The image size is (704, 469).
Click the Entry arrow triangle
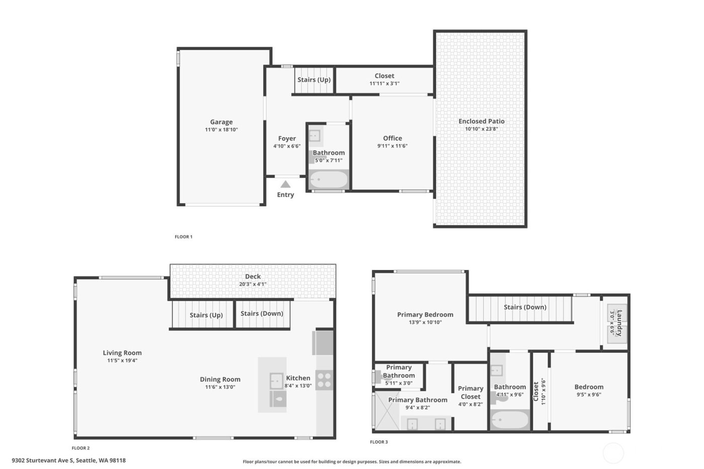(x=285, y=184)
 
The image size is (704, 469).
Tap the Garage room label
(x=221, y=122)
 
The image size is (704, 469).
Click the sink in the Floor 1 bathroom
(x=315, y=135)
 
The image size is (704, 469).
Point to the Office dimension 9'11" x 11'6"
(x=392, y=146)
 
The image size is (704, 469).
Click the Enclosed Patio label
(x=481, y=121)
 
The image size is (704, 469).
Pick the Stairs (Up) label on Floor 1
(x=314, y=80)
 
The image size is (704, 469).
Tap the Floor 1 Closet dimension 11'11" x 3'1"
(x=384, y=84)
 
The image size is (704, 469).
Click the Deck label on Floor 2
(x=253, y=276)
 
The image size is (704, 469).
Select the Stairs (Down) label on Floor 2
(x=261, y=314)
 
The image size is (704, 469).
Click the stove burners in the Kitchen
(x=325, y=380)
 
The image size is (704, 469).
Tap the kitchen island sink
(x=276, y=381)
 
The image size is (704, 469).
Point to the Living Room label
(x=122, y=353)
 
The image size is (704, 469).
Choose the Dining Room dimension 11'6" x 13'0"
(x=220, y=387)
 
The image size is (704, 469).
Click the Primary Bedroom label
(x=425, y=315)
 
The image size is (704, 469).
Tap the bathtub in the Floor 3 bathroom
(x=509, y=419)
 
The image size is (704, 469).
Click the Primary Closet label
(x=471, y=393)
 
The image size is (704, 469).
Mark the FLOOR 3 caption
(x=379, y=442)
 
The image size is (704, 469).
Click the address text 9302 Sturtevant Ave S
(x=43, y=460)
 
